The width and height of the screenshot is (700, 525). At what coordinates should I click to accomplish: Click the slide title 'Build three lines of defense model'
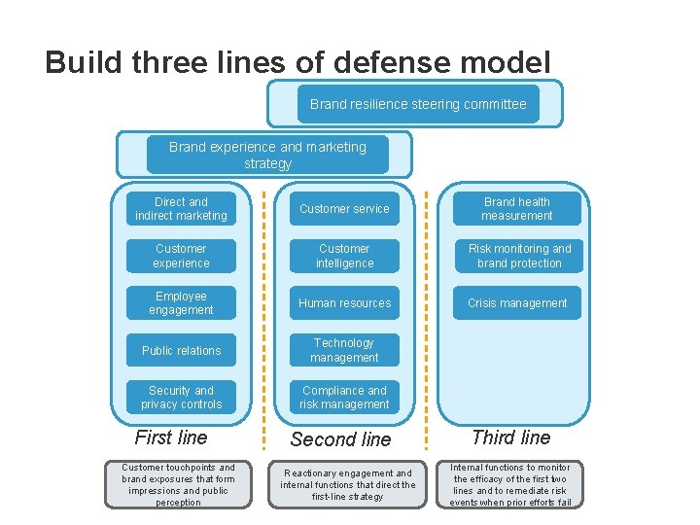(297, 63)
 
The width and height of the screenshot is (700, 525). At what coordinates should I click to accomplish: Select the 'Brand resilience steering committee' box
(418, 104)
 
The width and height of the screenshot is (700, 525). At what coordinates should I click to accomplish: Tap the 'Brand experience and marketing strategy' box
(267, 155)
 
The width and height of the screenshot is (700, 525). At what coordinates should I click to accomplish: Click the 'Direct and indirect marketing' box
(181, 209)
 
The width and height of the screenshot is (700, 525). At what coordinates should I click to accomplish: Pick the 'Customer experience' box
(181, 256)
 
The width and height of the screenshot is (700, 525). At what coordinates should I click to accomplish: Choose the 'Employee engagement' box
(181, 303)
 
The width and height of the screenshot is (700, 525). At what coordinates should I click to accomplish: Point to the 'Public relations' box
(181, 350)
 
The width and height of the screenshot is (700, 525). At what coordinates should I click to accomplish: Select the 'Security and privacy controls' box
(181, 398)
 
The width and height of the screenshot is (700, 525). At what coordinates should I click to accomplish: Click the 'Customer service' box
(344, 209)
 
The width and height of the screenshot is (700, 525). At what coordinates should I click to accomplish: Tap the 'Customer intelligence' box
(344, 256)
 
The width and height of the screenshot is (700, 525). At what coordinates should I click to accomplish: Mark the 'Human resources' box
(344, 303)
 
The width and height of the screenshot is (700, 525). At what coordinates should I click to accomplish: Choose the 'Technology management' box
(344, 350)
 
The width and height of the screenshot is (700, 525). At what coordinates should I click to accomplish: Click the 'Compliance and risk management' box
(344, 398)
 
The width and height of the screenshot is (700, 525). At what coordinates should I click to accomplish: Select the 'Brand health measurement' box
(517, 209)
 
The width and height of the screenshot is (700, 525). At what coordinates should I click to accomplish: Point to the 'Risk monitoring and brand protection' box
(517, 256)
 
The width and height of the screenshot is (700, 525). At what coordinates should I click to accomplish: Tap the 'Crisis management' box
(517, 303)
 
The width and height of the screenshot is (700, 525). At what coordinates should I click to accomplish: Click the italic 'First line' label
(171, 437)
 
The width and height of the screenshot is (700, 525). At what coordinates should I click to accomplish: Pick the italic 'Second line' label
(340, 439)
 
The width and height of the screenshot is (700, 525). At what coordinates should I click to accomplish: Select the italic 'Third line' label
(511, 437)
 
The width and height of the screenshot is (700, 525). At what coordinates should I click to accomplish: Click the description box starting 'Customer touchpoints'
(178, 484)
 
